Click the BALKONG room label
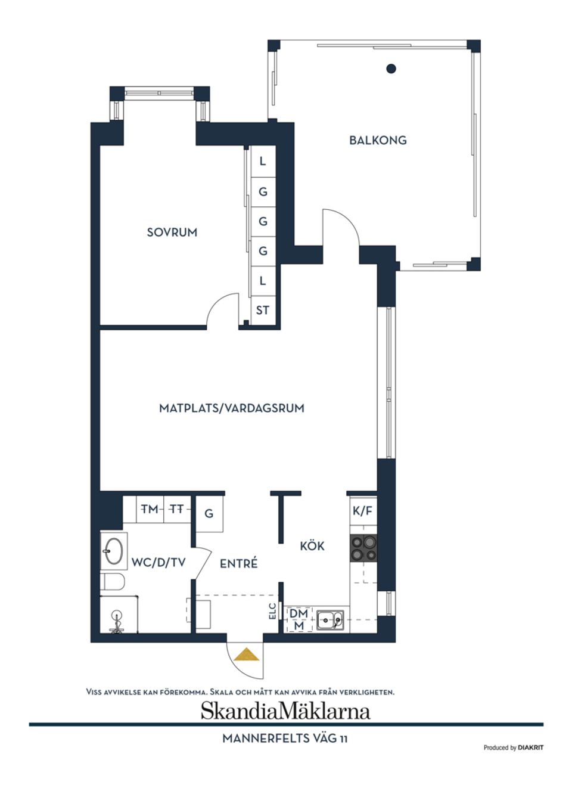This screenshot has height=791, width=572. coord(378,141)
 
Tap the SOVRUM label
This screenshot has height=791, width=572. coord(172,232)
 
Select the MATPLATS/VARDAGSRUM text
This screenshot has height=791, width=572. coord(231,408)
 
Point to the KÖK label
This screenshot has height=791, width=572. coord(312,546)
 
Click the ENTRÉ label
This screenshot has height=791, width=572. coord(238,563)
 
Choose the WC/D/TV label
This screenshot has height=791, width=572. coord(158,562)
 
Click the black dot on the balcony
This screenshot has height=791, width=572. coord(391,69)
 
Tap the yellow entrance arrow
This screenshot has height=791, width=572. coord(246,655)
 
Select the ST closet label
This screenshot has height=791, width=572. coord(262,310)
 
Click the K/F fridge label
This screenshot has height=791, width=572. coord(362,511)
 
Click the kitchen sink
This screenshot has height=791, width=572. coord(329,621)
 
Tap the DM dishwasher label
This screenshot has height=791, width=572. coord(299,613)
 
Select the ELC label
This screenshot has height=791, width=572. coord(273,611)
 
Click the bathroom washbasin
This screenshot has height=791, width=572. coord(113,551)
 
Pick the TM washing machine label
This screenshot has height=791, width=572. coord(150,509)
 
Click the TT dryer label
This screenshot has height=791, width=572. coord(176,509)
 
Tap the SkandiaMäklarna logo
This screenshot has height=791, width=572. coord(285,711)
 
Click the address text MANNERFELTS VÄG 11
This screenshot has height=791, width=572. coord(285,739)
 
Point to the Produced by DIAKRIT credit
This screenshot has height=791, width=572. coord(513,747)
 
